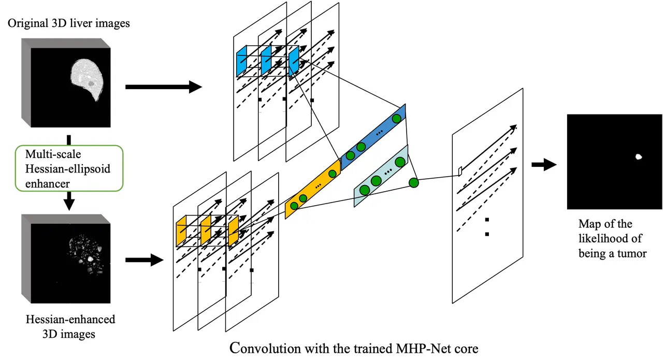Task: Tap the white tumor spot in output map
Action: pyautogui.click(x=639, y=156)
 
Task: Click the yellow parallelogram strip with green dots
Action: pyautogui.click(x=312, y=190)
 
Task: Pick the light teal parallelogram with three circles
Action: pyautogui.click(x=381, y=176)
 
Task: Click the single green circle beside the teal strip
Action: pyautogui.click(x=413, y=182)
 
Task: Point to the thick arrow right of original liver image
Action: pyautogui.click(x=163, y=87)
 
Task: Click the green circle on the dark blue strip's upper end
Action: pyautogui.click(x=397, y=119)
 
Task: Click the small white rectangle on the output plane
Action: pyautogui.click(x=459, y=170)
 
